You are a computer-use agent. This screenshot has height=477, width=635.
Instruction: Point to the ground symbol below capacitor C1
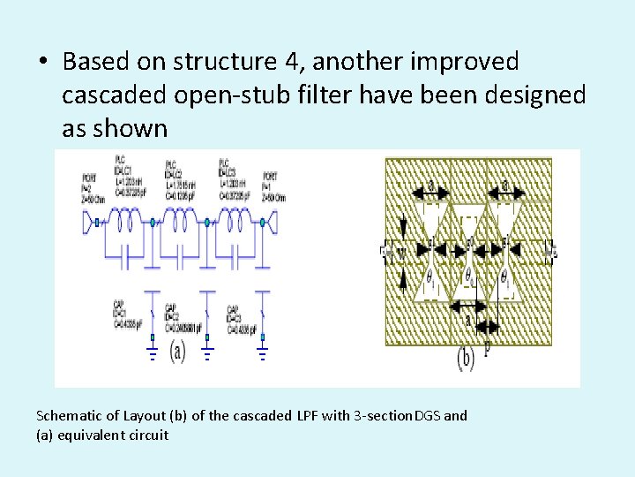click(152, 352)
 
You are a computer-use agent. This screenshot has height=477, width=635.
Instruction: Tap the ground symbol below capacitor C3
click(261, 352)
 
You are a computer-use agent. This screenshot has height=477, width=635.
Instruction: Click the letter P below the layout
click(486, 345)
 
